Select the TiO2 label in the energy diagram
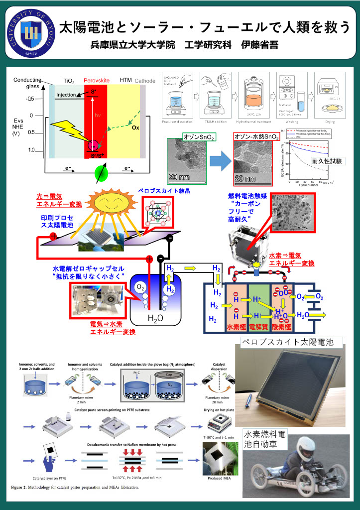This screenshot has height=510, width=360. pyautogui.click(x=69, y=80)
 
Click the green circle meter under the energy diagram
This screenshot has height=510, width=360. pyautogui.click(x=102, y=175)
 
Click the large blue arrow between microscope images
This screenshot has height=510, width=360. pyautogui.click(x=218, y=162)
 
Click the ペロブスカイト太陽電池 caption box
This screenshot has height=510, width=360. pyautogui.click(x=291, y=343)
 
